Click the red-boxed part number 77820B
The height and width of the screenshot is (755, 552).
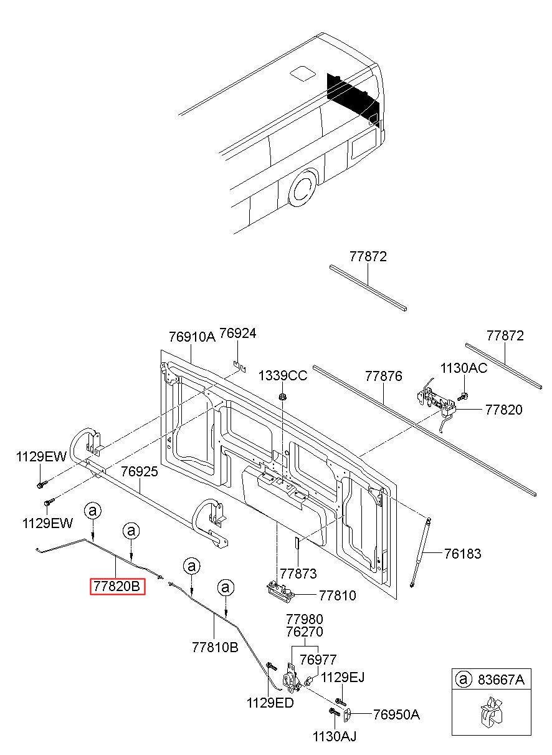point(118,587)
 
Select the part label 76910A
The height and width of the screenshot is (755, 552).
point(191,337)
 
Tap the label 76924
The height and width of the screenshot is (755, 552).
point(237,334)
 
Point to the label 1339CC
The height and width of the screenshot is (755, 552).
point(283,375)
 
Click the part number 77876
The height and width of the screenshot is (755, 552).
point(383,376)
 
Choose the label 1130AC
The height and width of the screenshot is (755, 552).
point(464,368)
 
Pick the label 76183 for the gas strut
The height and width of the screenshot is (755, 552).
point(462,554)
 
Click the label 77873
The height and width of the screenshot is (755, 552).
point(298,573)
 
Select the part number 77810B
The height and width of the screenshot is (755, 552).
point(215,647)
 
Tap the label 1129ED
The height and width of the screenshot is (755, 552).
point(270,703)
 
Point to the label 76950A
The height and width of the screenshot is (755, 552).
point(396,714)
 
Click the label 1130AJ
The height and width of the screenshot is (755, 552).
point(335,737)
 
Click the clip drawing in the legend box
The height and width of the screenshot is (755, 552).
point(490,715)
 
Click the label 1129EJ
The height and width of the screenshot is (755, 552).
point(343,677)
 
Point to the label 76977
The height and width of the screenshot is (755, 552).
point(318,660)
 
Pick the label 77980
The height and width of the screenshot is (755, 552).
point(305,619)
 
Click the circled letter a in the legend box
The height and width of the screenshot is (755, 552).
point(463,680)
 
